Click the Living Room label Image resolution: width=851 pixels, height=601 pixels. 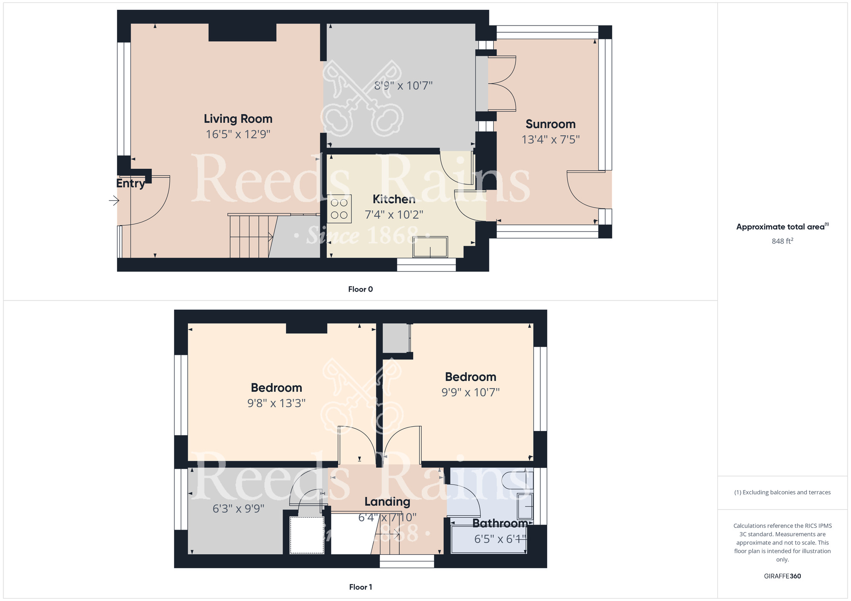[x=238, y=119]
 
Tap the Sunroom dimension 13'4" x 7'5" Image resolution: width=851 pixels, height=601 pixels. [x=551, y=139]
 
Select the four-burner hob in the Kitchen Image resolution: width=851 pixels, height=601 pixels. [x=339, y=209]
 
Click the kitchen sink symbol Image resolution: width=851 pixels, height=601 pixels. [x=430, y=247]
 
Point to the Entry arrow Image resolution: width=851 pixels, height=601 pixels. [x=114, y=200]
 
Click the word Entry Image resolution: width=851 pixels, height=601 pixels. [x=131, y=183]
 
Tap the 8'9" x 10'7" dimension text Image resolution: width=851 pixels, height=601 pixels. [x=403, y=86]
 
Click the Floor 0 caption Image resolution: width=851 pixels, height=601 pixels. [x=360, y=289]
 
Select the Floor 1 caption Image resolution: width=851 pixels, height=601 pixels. [x=360, y=587]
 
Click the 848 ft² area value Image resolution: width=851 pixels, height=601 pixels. [x=782, y=241]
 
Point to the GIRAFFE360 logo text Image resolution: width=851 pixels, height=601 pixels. [x=782, y=576]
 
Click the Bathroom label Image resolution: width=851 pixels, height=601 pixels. [x=500, y=523]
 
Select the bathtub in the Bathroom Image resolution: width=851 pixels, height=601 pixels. [x=489, y=539]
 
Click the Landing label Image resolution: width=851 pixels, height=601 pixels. [x=387, y=502]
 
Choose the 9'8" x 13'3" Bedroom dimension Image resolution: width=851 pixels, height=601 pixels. [x=277, y=403]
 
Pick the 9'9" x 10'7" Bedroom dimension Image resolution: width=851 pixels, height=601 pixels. [x=471, y=392]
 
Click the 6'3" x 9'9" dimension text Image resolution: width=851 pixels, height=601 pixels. [x=238, y=508]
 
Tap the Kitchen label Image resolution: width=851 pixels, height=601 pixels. [x=394, y=199]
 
